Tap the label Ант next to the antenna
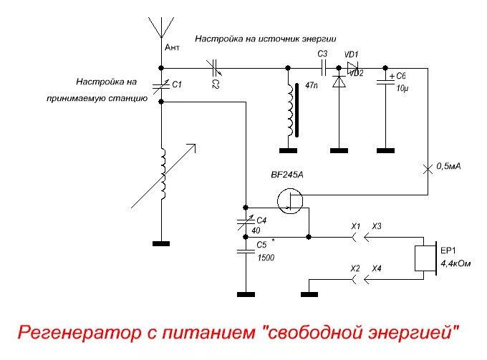coord(172,47)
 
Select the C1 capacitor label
coord(178,84)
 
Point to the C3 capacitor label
coord(322,54)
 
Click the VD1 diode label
coord(352,54)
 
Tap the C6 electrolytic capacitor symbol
coord(385,81)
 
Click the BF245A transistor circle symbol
coord(290,203)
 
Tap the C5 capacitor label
coord(261,245)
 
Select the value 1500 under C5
coord(266,256)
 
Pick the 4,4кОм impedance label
coord(455,263)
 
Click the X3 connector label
coord(377,226)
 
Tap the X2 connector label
coord(355,268)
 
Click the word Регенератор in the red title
coord(75,332)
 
